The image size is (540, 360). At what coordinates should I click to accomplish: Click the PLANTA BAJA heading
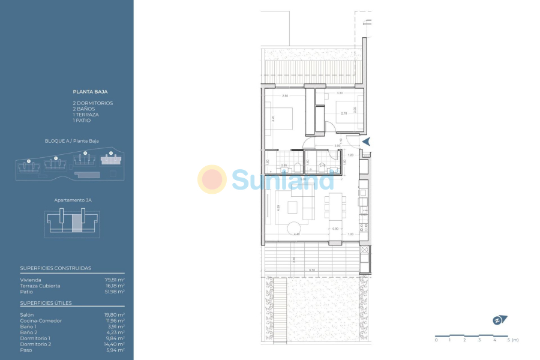point(90,92)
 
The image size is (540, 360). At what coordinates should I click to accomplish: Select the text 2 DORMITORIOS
point(92,103)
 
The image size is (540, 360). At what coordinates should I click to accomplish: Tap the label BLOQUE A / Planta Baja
point(72,141)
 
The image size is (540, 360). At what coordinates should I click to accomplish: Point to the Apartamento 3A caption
point(71,199)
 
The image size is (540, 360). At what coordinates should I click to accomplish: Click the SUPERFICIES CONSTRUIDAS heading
point(56,268)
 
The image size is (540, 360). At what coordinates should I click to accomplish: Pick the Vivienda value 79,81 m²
point(115,280)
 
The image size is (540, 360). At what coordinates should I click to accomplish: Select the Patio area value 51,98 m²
point(115,292)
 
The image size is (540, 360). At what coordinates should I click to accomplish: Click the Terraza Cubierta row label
point(40,286)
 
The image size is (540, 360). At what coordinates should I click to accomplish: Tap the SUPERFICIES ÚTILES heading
point(46,303)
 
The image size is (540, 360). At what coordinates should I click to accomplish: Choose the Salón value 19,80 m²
point(115,315)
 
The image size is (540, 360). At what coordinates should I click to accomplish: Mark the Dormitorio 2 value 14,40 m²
point(115,344)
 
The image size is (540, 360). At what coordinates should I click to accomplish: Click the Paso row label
point(26,350)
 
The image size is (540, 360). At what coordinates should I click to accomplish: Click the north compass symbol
point(499,320)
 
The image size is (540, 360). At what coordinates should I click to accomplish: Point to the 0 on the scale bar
point(436,340)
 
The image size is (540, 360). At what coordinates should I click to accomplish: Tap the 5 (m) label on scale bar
point(512,340)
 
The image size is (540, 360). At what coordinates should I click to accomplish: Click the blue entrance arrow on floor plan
point(367,142)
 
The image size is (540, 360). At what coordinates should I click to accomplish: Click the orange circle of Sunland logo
point(212,179)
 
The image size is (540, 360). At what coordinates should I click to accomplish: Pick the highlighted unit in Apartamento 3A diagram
point(77,223)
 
